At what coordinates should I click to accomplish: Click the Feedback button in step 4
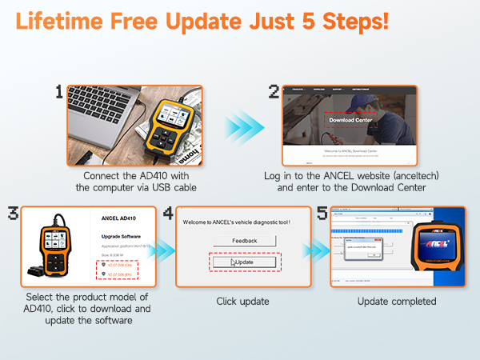click(x=244, y=240)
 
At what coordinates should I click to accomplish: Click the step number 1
click(x=59, y=93)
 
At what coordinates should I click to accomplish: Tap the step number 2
click(x=274, y=93)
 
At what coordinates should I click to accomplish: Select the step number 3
click(x=12, y=214)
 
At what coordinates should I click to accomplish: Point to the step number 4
click(x=168, y=214)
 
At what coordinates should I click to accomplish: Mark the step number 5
click(x=322, y=214)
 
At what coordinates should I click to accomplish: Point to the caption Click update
click(x=243, y=302)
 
